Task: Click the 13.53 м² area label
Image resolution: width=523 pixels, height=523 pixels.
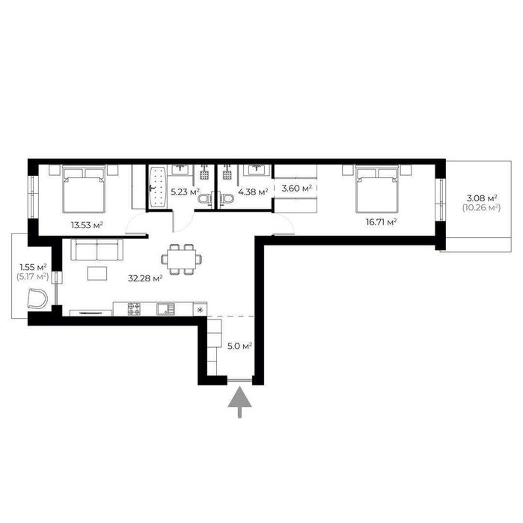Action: (87, 225)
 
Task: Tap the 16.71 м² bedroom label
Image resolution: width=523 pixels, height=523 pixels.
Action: (381, 222)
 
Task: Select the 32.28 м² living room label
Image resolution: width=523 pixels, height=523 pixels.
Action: (145, 278)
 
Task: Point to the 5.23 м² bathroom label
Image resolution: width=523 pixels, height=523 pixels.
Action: (185, 192)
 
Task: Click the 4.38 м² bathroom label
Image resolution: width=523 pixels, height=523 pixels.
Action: (253, 192)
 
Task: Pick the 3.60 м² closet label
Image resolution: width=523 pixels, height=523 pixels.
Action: (296, 188)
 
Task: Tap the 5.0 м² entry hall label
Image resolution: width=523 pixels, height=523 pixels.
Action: (239, 346)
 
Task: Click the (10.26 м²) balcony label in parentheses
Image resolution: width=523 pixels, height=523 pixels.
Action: (481, 207)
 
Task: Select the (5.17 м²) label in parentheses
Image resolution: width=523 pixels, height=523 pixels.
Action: (32, 276)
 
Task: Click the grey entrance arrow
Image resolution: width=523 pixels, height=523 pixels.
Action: (239, 402)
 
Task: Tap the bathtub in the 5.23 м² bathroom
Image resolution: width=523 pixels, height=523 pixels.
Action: (157, 187)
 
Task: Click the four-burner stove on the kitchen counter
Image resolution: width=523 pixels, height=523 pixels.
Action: (134, 309)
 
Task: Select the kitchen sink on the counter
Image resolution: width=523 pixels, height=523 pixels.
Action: (165, 309)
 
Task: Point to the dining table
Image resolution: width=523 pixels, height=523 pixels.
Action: (182, 260)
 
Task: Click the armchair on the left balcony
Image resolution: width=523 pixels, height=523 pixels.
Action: (37, 299)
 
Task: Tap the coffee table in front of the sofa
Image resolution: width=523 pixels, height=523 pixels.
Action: (97, 274)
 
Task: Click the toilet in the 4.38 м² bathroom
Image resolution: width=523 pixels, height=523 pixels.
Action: (227, 200)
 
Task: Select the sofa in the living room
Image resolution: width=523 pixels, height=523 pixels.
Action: (97, 249)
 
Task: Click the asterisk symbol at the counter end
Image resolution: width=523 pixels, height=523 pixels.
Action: (200, 311)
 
